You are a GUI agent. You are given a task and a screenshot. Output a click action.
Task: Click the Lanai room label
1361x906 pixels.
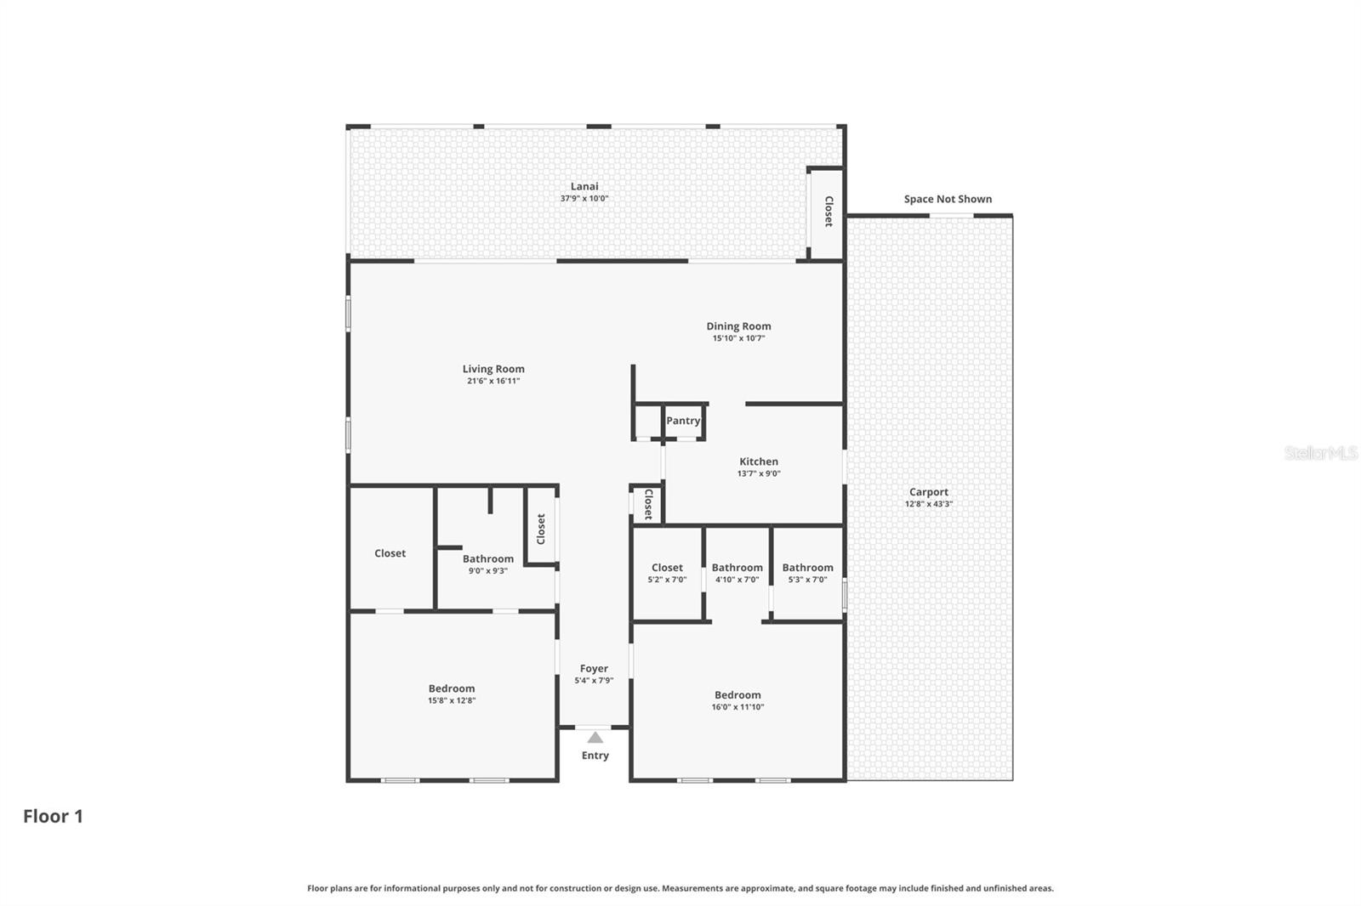[584, 186]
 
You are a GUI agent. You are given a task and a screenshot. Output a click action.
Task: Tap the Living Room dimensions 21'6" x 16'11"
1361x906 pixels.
[493, 381]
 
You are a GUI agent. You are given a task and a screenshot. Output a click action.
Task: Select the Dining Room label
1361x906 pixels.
[738, 326]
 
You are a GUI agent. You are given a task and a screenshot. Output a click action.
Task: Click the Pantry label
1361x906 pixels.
[683, 421]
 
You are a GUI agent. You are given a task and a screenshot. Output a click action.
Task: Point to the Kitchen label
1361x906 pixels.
[758, 461]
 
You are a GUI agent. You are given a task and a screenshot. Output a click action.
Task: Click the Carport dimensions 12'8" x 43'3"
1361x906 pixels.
[928, 504]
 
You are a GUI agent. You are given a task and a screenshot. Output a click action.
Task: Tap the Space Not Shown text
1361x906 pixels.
[948, 199]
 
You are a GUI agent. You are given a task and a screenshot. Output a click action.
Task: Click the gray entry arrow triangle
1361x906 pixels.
[595, 738]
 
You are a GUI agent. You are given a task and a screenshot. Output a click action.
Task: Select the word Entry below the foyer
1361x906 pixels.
[595, 756]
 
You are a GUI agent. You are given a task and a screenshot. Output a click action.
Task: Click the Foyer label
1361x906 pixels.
[594, 669]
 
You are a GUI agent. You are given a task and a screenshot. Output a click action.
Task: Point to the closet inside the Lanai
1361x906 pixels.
[828, 212]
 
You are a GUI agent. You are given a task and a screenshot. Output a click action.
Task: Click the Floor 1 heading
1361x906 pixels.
[53, 816]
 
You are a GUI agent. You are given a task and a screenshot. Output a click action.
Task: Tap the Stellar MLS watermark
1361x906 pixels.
[1320, 453]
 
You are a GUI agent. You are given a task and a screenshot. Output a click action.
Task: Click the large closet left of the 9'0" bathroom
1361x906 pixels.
[390, 553]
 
